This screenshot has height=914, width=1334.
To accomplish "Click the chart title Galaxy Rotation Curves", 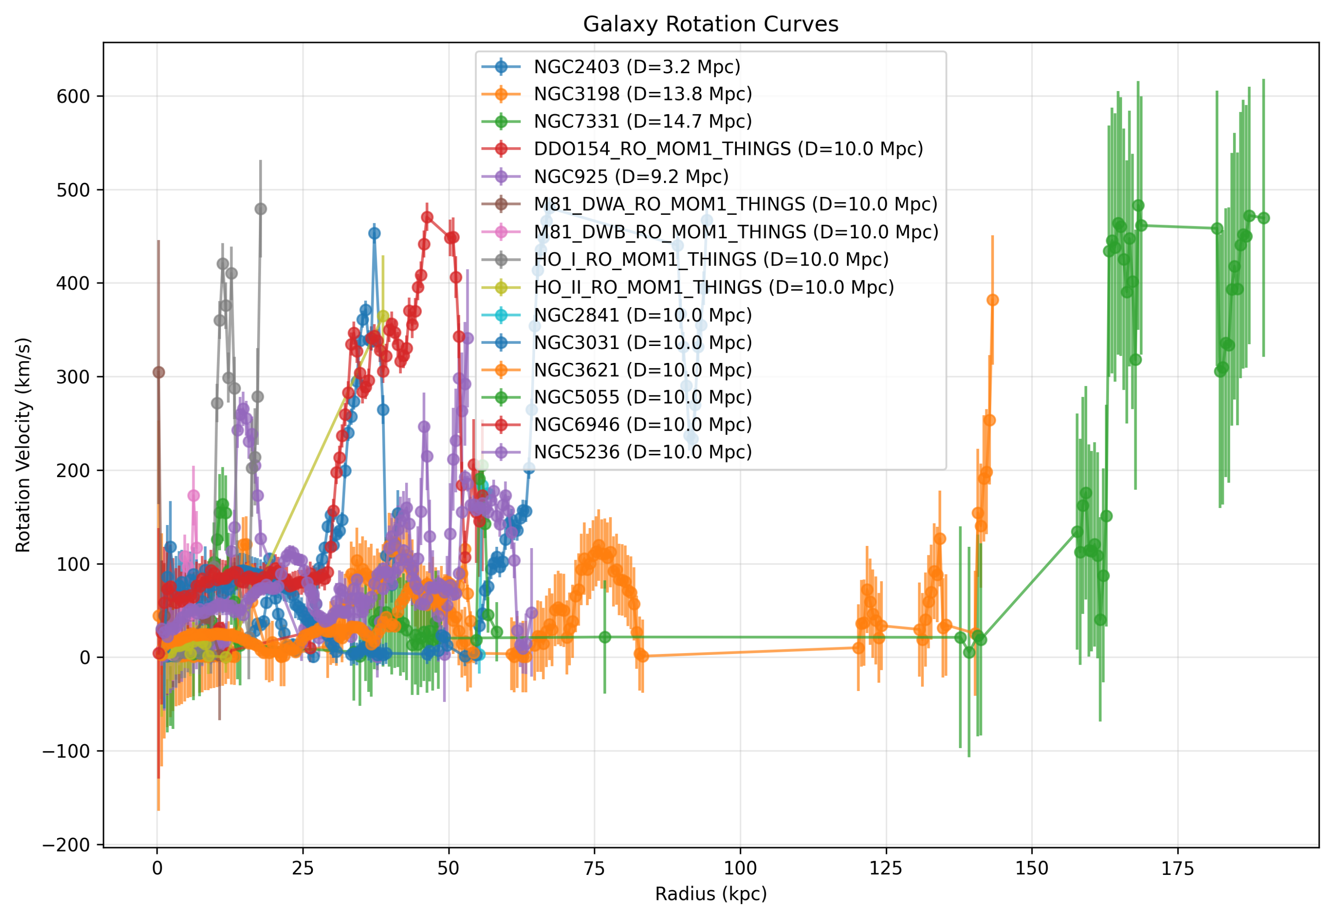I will coord(710,24).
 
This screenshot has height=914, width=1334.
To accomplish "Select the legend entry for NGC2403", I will coord(637,66).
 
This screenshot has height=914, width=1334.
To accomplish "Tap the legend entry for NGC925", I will coord(631,176).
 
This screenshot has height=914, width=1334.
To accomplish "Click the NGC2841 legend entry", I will coord(642,315).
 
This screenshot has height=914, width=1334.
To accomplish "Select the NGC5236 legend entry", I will coord(642,452).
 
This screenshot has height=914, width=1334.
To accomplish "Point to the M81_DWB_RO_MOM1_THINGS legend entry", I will coord(736,232).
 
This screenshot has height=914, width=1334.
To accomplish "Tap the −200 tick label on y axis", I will coord(66,845).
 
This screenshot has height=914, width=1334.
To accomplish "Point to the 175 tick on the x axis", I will coord(1177,868).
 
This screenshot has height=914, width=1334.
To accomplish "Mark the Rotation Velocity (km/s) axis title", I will coord(23,445).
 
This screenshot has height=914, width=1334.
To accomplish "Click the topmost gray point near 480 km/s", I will coord(261,209).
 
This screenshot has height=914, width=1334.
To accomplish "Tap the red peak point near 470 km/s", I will coord(427,217).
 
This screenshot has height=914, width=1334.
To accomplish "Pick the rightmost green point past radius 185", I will coord(1263,218).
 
